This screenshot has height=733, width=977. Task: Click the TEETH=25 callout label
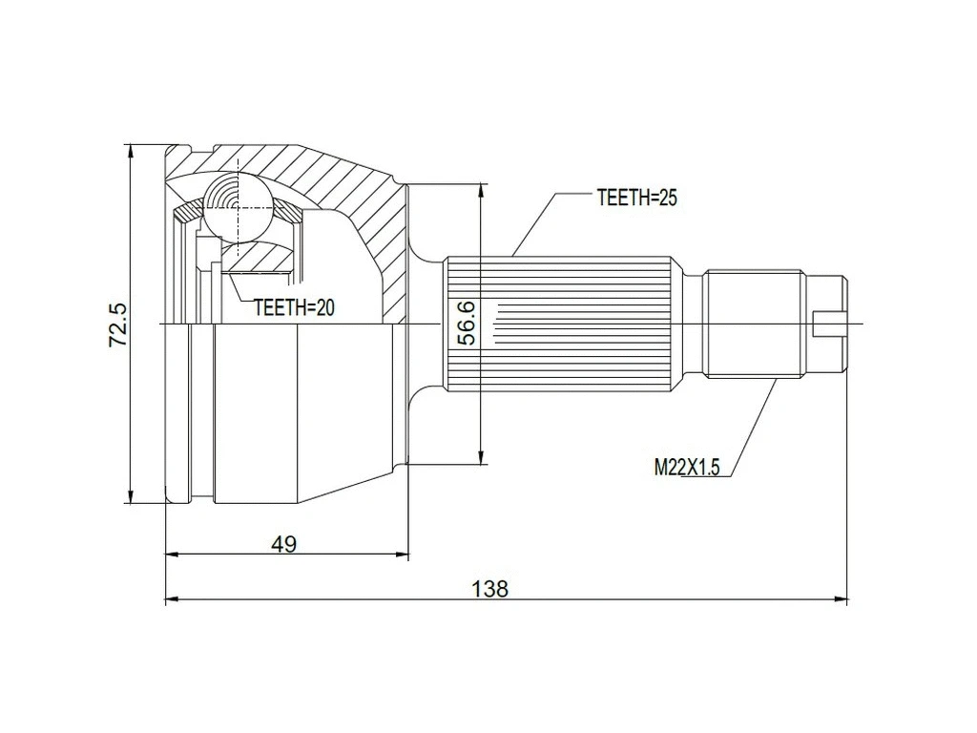636,198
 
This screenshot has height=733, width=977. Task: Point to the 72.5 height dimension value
117,325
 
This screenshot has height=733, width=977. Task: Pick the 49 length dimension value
283,544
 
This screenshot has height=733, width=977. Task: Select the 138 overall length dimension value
490,588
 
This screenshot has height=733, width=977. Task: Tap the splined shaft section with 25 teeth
563,325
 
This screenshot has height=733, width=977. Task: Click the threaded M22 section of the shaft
754,325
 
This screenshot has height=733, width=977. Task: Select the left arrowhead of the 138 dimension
172,600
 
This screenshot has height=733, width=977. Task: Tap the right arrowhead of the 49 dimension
402,554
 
